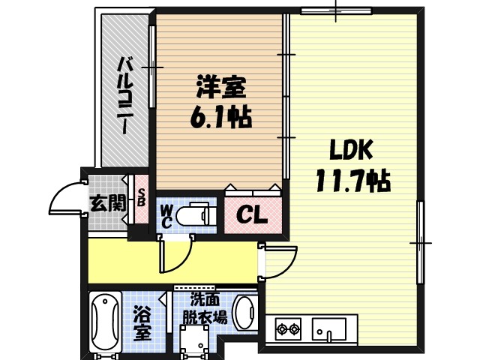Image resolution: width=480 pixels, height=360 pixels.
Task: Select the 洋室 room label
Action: pos(220,87)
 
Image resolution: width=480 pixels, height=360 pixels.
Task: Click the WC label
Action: pos(166,215)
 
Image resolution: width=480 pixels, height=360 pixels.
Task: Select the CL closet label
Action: pos(252,216)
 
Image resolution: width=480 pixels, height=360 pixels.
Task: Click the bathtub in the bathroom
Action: pos(106,323)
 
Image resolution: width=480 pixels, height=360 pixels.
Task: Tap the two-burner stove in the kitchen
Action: pos(288,328)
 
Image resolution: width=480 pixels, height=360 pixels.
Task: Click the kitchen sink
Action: pos(328,328)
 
